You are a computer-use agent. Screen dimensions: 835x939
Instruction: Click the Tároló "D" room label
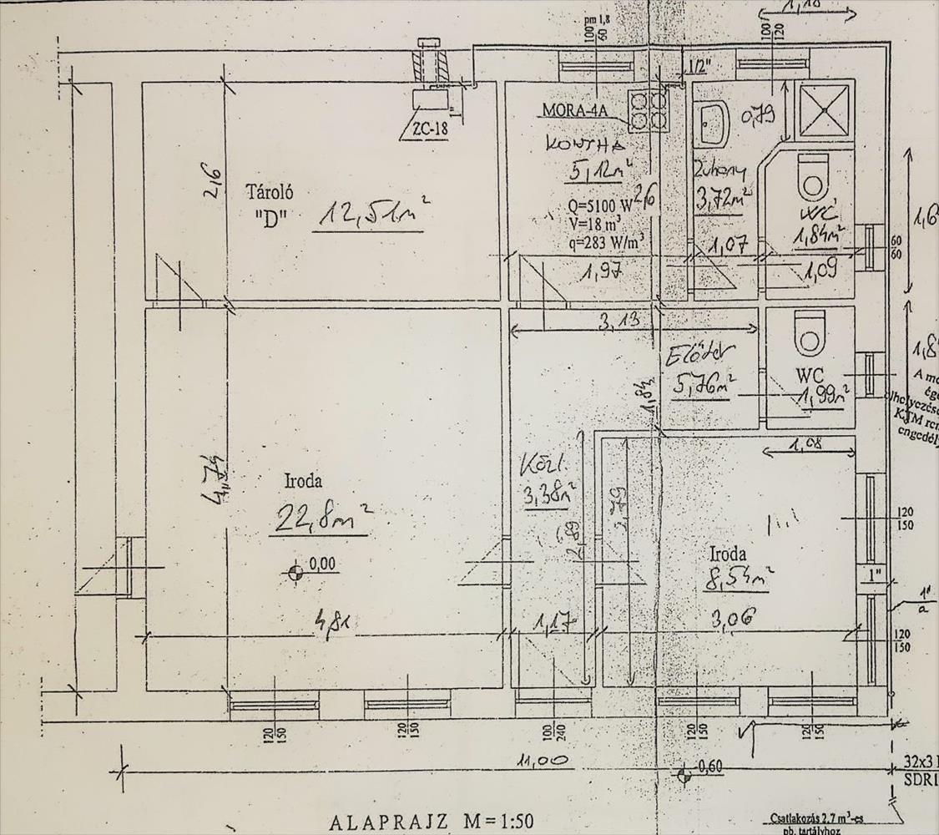click(269, 205)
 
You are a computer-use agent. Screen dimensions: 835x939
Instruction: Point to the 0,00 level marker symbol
click(294, 573)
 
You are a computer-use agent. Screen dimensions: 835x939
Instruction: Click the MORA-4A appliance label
click(575, 110)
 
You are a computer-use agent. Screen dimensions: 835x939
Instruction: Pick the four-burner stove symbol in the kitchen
click(649, 110)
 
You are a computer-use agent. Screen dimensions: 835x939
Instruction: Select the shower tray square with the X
click(825, 111)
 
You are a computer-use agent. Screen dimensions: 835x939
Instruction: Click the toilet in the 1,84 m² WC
click(810, 175)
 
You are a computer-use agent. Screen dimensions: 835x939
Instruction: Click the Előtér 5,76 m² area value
click(703, 387)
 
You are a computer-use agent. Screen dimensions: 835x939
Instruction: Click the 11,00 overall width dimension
click(543, 761)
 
